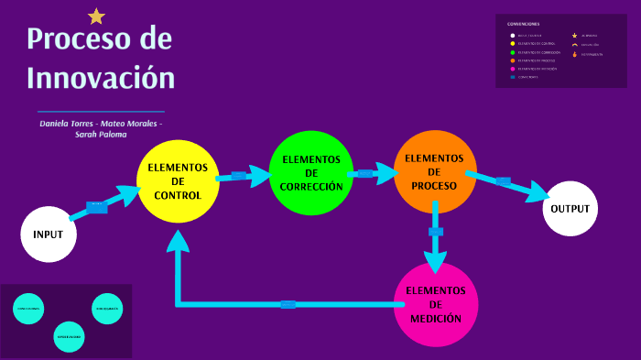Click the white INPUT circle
(48, 234)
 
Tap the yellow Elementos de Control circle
(178, 180)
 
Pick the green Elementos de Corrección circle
(311, 172)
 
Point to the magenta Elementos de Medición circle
(436, 304)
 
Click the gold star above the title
(96, 16)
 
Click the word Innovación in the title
(101, 76)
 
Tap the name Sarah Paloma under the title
(101, 134)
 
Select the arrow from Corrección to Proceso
(370, 172)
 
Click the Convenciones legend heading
(523, 24)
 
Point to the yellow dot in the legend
(513, 43)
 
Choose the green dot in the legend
(513, 52)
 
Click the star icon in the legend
(574, 35)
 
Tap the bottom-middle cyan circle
(69, 336)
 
